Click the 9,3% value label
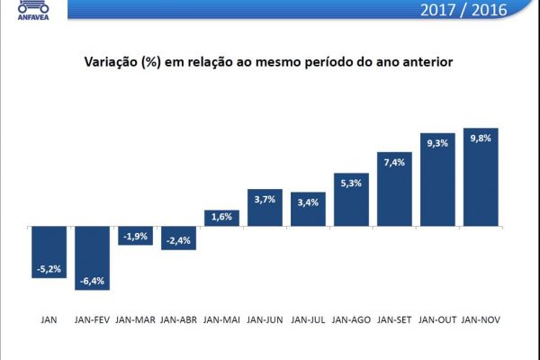[x=436, y=142]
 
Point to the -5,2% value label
[x=49, y=268]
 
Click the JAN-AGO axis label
[x=351, y=319]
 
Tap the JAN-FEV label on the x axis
[x=92, y=319]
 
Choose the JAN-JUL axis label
[x=308, y=319]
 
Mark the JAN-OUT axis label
[x=436, y=319]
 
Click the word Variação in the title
[x=109, y=64]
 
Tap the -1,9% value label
[x=135, y=237]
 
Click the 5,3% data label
[x=351, y=183]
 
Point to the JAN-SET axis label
[x=394, y=319]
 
